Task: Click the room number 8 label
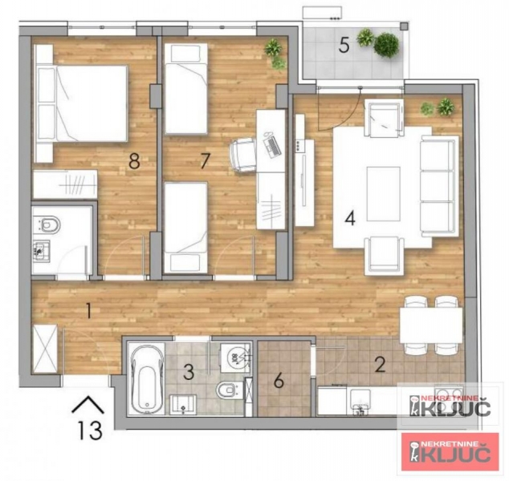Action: coord(134,161)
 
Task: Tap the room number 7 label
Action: coord(205,161)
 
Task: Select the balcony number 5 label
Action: coord(344,45)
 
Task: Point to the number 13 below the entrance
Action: coord(90,430)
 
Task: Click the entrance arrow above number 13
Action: coord(88,404)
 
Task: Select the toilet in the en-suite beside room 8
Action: coord(47,224)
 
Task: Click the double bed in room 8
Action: coord(81,103)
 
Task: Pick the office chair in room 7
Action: coord(242,154)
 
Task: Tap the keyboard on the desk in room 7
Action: coord(272,147)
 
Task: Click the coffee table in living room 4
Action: coord(384,194)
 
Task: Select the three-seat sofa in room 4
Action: coord(439,186)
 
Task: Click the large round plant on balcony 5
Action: coord(386,45)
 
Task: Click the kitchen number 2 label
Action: coord(380,364)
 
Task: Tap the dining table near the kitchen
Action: coord(431,325)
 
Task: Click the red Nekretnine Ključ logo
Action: coord(450,451)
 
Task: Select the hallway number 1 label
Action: coord(88,310)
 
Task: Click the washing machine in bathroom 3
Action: coord(236,358)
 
